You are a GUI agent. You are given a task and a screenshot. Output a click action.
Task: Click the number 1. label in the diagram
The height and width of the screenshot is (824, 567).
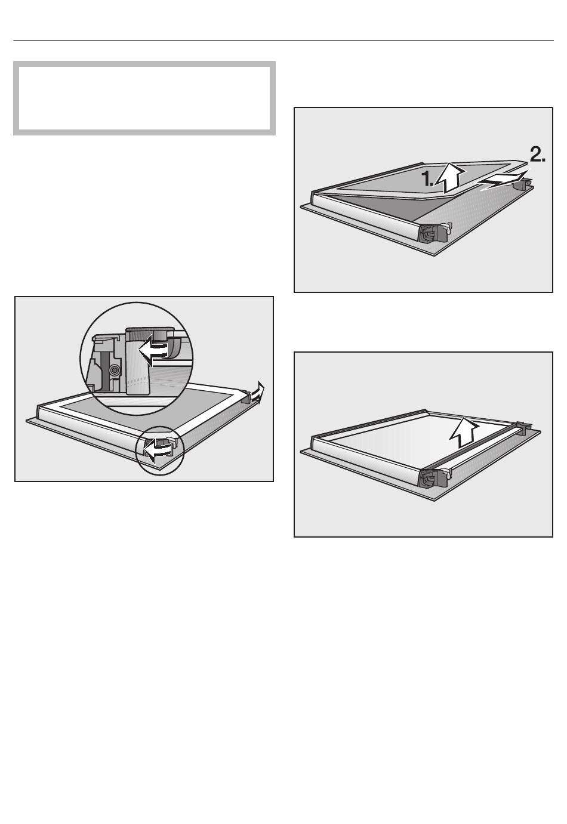pos(427,179)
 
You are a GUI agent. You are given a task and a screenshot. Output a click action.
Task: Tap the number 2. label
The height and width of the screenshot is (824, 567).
pos(537,155)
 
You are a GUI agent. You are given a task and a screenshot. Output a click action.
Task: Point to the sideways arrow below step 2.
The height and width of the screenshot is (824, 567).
pos(503,180)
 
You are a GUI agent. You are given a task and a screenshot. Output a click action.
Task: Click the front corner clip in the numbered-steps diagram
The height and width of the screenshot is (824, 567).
pos(434,232)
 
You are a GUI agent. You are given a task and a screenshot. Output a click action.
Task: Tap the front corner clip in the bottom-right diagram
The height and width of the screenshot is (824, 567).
pos(434,477)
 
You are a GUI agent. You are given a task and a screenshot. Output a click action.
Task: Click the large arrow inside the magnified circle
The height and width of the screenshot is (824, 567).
pos(154,349)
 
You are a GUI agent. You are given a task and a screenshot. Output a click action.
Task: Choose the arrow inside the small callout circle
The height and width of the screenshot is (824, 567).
pos(158,448)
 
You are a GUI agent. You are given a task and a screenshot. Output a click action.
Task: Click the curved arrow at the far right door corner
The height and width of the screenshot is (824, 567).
pos(258,392)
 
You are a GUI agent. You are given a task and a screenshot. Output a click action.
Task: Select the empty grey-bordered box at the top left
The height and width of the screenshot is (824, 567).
pos(144,98)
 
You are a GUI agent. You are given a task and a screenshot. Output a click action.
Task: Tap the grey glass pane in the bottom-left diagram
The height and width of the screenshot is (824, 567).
pos(147,408)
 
